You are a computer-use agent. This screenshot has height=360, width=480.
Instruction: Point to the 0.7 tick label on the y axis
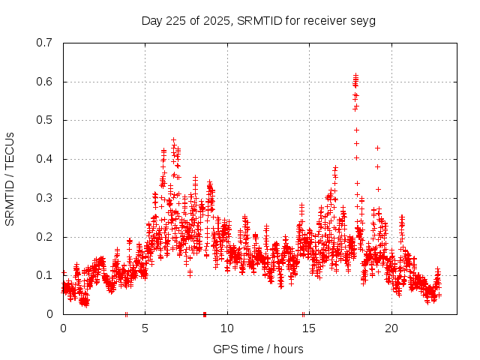[44, 42]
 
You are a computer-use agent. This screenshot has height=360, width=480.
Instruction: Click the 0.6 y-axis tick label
[44, 81]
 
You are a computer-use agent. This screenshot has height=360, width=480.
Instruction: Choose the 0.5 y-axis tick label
[44, 120]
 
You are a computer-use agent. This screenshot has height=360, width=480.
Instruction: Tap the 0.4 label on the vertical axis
[44, 159]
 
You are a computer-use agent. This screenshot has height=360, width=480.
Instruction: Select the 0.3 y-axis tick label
[44, 198]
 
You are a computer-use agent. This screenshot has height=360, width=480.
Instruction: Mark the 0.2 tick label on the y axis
[44, 236]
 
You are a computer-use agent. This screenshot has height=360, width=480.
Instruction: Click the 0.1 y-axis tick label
[44, 275]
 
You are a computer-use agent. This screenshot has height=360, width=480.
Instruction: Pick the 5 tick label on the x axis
[145, 328]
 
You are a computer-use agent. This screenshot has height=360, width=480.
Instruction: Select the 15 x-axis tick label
[310, 328]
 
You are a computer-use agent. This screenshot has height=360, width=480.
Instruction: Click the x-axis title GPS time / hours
[258, 349]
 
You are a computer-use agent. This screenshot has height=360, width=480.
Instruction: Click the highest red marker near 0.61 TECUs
[355, 76]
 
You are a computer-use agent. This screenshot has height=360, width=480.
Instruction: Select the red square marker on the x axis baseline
[205, 314]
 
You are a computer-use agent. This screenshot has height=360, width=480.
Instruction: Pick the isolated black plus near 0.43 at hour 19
[377, 148]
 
